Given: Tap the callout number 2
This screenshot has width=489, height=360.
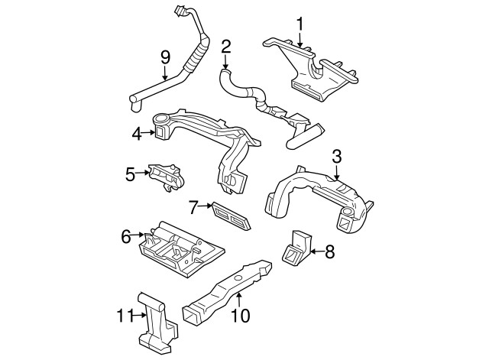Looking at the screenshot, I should point(226,47).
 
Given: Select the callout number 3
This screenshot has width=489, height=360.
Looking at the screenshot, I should point(337,157).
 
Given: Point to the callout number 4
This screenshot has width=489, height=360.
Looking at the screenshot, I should point(137,134).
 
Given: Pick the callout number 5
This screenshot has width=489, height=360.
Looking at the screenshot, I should point(130,174).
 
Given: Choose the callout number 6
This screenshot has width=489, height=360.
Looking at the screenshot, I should point(126,236).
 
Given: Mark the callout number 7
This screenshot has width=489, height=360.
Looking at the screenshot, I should point(193,206).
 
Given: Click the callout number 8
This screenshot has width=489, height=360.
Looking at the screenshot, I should point(330,251).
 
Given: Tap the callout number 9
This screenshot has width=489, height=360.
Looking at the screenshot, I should point(165,57).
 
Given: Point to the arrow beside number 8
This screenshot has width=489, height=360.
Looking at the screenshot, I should point(315,251).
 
